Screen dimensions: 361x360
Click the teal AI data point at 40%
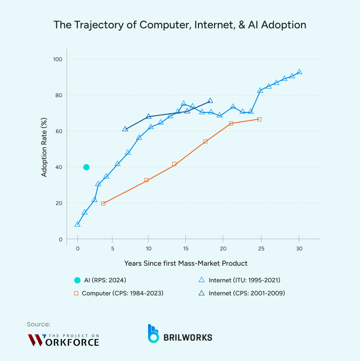coord(86,167)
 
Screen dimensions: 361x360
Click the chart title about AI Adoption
coord(180,25)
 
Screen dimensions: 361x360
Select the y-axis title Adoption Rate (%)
coord(44,149)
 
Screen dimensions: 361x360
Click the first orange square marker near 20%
coord(103,203)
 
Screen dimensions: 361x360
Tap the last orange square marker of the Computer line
coord(259,119)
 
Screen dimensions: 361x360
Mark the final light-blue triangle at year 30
coord(299,72)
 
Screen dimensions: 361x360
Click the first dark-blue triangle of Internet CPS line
coord(125,129)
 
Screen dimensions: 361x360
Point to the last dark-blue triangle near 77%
coord(210,101)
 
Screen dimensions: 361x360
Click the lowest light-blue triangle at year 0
coord(77,224)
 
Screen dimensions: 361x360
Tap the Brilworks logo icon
coord(154,333)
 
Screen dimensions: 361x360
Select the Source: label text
coord(39,324)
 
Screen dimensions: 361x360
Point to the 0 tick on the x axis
coord(77,249)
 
